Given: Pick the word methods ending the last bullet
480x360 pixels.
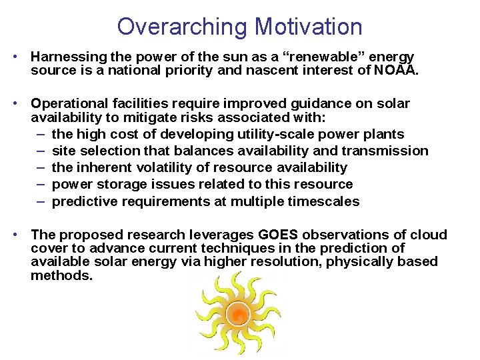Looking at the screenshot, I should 61,275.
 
